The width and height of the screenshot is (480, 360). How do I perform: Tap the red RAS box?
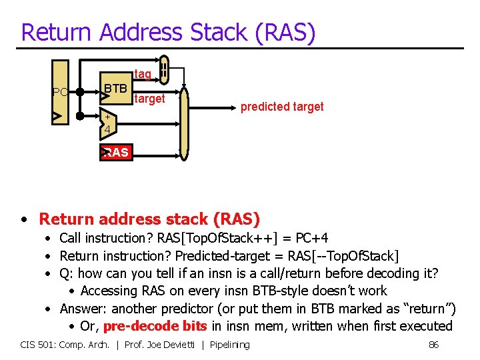pos(115,153)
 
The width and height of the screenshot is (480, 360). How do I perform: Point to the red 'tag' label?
pos(143,74)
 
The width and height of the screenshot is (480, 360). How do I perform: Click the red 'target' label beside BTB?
pos(149,99)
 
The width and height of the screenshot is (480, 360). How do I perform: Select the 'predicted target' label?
pos(282,107)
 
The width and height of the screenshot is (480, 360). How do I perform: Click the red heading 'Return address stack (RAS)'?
pos(149,219)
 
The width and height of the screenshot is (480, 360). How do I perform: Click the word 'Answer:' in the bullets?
pos(84,309)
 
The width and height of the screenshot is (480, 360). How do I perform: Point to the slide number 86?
pos(433,345)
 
